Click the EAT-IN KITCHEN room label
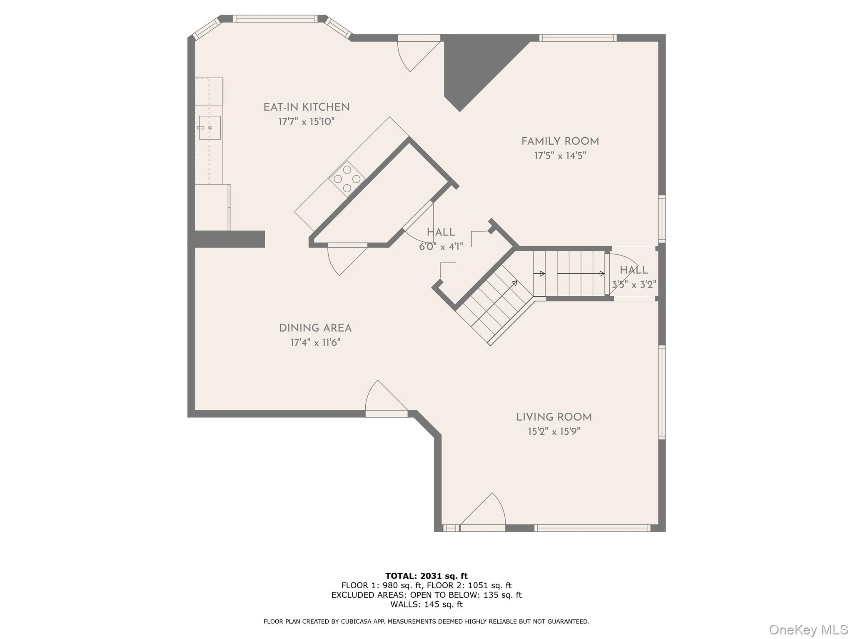[x=306, y=107]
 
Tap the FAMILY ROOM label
[x=560, y=141]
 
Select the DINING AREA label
[x=315, y=328]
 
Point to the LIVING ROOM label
[x=554, y=417]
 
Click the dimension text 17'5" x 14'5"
[x=560, y=156]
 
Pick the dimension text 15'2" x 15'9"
[x=554, y=432]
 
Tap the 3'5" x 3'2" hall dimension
[x=634, y=285]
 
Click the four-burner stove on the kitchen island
[x=347, y=179]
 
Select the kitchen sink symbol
[x=210, y=128]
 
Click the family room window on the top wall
[x=578, y=38]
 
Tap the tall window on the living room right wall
[x=662, y=392]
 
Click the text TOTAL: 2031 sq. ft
[x=426, y=576]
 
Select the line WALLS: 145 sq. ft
[x=426, y=604]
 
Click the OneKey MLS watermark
[x=808, y=629]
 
